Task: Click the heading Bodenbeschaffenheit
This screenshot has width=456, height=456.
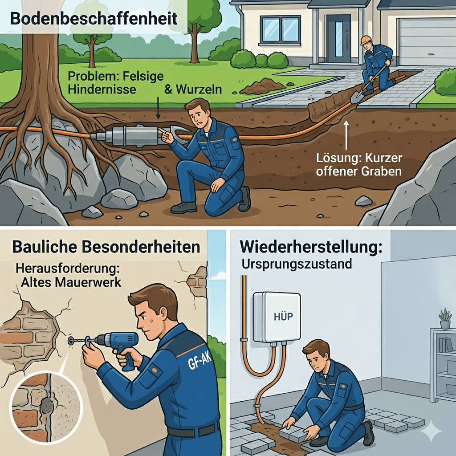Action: point(94,19)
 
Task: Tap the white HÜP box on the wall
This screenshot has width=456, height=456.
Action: point(277,317)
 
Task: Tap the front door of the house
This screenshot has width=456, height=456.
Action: point(338,38)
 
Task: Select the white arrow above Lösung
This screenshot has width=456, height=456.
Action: point(346,135)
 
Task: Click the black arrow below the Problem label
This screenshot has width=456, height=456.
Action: point(158,108)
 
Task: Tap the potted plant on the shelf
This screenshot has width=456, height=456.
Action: point(445,319)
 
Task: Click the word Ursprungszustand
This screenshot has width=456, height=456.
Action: point(297,264)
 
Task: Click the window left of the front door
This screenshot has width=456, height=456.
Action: point(280,30)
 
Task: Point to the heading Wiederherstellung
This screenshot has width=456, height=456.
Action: point(310,247)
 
